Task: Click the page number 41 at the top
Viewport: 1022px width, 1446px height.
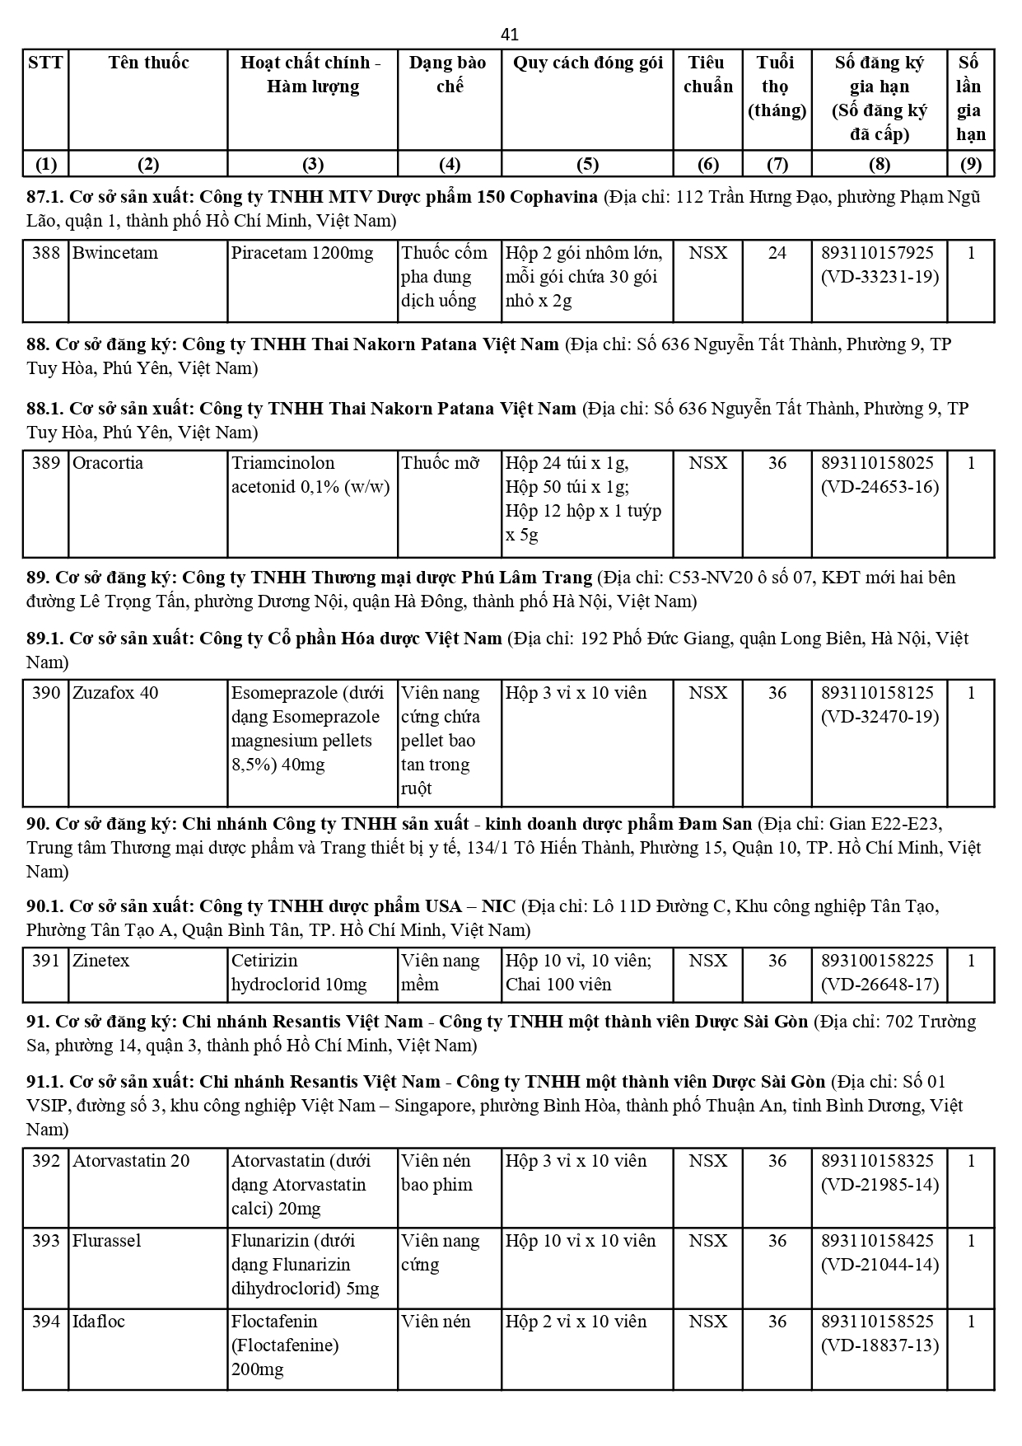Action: (510, 35)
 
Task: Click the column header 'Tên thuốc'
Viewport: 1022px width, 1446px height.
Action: (148, 63)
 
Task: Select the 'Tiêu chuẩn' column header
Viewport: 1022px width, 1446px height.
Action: (707, 75)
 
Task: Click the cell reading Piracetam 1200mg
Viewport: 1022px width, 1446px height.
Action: (302, 253)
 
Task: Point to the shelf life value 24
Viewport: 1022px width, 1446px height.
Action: (777, 253)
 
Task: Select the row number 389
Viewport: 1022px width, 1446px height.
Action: (46, 463)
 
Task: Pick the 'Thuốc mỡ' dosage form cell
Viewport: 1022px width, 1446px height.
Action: (440, 463)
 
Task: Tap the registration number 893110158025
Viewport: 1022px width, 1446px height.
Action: (878, 463)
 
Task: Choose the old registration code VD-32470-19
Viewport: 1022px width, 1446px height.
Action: (880, 717)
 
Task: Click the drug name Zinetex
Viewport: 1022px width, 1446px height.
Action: (100, 961)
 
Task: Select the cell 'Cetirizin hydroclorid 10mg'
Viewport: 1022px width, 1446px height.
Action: (299, 973)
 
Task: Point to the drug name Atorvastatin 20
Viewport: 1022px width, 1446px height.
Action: (131, 1161)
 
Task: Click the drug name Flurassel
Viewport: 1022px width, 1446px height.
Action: (107, 1241)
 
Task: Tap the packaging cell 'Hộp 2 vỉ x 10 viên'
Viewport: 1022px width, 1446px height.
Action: (576, 1322)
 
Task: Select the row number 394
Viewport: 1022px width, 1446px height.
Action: (46, 1322)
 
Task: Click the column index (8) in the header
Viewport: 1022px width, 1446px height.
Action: (880, 164)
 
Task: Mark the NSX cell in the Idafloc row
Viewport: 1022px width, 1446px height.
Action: (707, 1322)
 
